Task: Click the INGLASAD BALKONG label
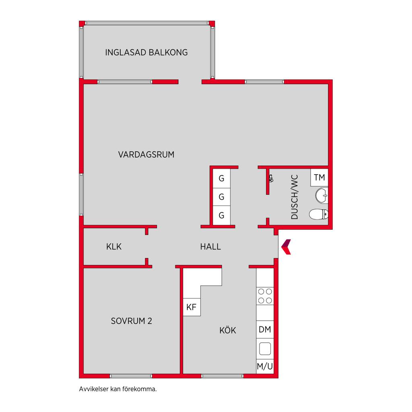click(146, 52)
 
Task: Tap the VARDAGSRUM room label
click(146, 154)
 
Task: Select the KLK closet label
click(114, 247)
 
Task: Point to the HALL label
click(210, 247)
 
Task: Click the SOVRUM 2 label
click(132, 321)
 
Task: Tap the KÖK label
click(228, 330)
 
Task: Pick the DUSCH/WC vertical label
click(295, 197)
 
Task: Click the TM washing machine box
click(319, 177)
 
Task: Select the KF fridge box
click(192, 307)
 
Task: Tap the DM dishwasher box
click(265, 329)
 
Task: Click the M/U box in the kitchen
click(265, 366)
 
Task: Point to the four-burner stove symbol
click(265, 296)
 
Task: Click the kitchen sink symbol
click(265, 349)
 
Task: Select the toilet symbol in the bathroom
click(319, 214)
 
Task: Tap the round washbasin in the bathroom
click(321, 196)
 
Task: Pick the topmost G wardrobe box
click(222, 178)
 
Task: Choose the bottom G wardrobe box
click(222, 216)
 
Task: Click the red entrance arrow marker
click(286, 247)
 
